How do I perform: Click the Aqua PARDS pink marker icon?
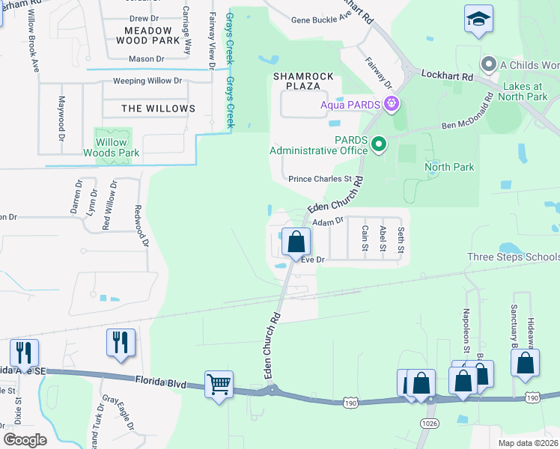(389, 103)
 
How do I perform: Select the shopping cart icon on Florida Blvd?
(219, 385)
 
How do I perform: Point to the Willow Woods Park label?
(111, 147)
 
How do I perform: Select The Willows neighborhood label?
(158, 109)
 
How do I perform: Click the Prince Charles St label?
(320, 180)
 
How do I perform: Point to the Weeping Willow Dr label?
(147, 81)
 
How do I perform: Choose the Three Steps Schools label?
(513, 257)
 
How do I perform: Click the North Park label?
(449, 167)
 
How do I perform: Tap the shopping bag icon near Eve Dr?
(296, 242)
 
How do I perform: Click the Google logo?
(25, 439)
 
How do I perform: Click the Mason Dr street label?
(145, 58)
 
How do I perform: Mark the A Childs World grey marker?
(490, 64)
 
